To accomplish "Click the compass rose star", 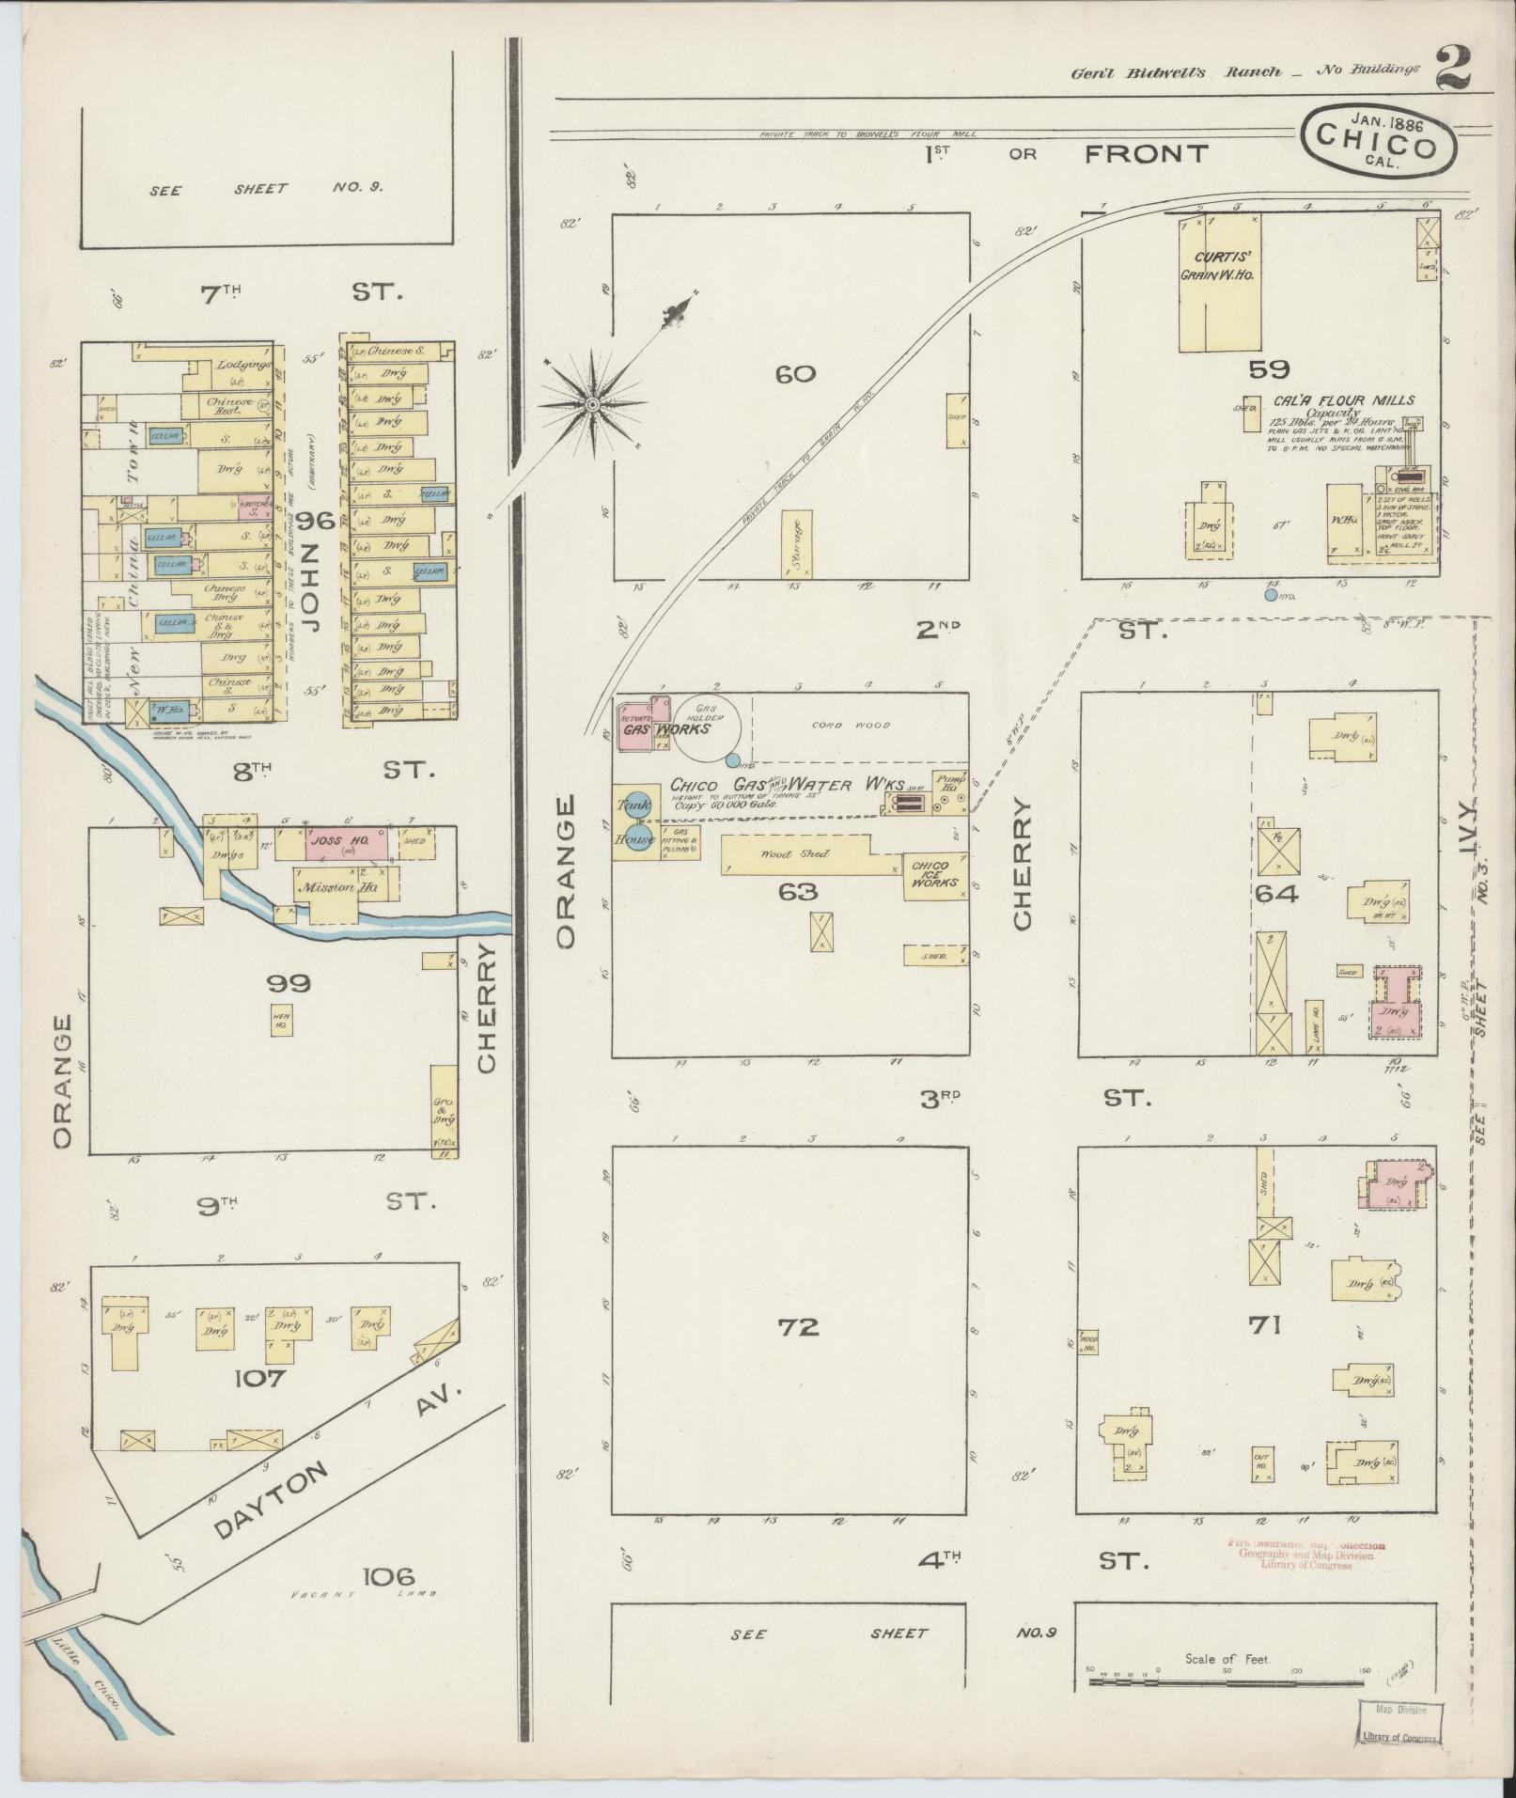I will (x=592, y=404).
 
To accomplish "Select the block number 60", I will (x=795, y=374).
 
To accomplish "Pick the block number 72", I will (x=799, y=1327).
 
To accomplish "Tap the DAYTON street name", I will (x=273, y=1501).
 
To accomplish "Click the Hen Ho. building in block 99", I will (x=281, y=1019).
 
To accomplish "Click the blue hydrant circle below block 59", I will (x=1271, y=594).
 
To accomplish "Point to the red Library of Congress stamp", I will (x=1306, y=1555).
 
